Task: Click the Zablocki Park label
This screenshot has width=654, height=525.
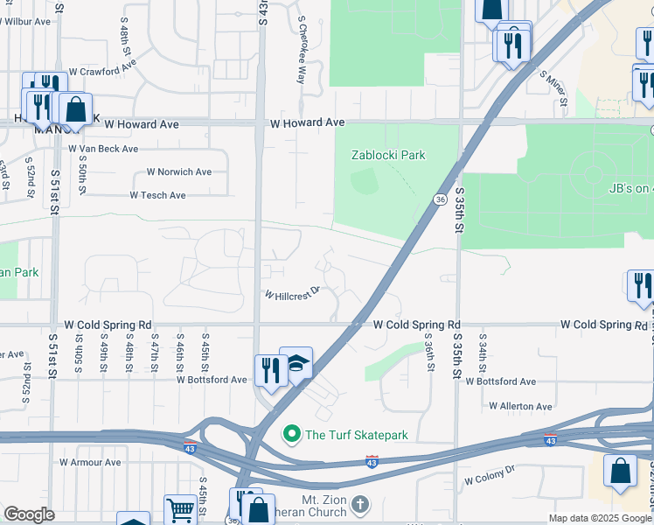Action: [x=388, y=155]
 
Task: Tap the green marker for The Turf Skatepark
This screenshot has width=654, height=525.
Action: [x=291, y=434]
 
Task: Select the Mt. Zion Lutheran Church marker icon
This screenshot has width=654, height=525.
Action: [x=361, y=505]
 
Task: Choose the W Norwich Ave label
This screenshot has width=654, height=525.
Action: [x=179, y=172]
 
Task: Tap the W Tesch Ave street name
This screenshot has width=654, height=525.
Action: [x=158, y=195]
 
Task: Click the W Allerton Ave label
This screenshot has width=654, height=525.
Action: [x=520, y=406]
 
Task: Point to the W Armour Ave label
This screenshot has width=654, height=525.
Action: [x=89, y=462]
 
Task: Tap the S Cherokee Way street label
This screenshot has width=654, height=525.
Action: [x=302, y=49]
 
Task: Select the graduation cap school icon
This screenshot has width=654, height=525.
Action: [x=296, y=363]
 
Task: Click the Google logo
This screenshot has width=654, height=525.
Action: [x=29, y=514]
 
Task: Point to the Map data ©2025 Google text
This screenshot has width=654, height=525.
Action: [x=600, y=518]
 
